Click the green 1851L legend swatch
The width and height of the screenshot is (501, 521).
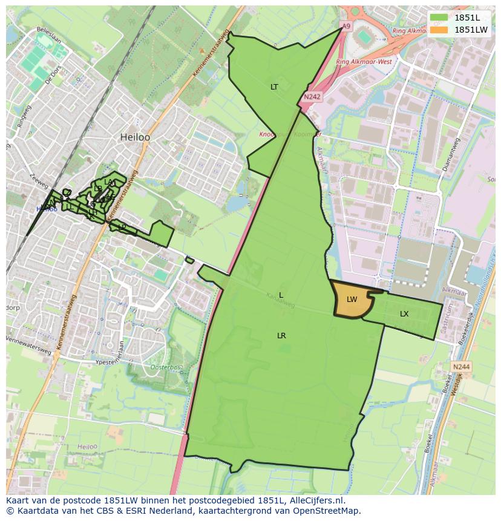pos(440,18)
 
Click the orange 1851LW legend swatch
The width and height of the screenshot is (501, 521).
pos(440,30)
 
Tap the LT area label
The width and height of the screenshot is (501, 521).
pos(274,87)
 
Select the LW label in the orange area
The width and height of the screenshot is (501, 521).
pos(352,300)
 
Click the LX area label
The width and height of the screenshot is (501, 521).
pos(404,313)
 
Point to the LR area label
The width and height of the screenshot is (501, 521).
pos(281,335)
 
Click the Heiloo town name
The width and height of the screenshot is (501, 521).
pos(135,137)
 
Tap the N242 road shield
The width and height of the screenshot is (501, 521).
pos(312,96)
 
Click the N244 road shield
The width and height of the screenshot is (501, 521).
pos(461,367)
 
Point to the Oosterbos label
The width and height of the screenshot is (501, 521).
pos(166,367)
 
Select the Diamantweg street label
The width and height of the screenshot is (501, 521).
pos(451,154)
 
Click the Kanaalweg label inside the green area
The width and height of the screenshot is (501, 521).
pos(280,301)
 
